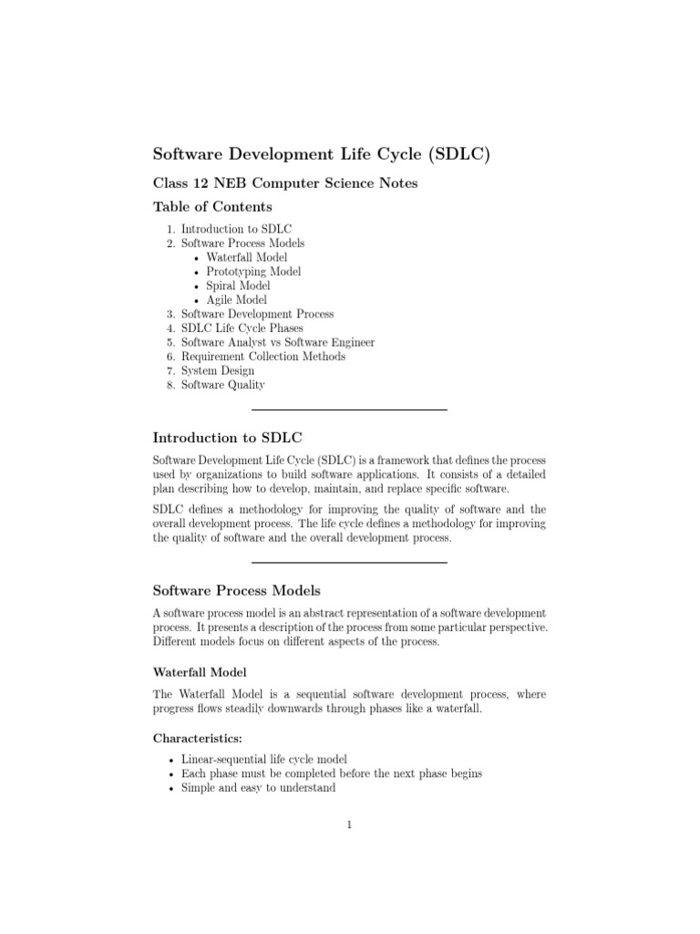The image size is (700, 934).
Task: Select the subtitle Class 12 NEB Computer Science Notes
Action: pyautogui.click(x=284, y=183)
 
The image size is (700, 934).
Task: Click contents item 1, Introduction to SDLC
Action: pyautogui.click(x=236, y=229)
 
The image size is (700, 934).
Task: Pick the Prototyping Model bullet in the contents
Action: pyautogui.click(x=253, y=271)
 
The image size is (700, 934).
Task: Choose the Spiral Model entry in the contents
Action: pyautogui.click(x=238, y=285)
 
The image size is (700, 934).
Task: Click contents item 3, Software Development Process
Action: pyautogui.click(x=257, y=314)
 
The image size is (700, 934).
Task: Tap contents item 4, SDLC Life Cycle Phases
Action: pyautogui.click(x=242, y=328)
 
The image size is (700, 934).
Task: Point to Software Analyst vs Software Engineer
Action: pyautogui.click(x=277, y=342)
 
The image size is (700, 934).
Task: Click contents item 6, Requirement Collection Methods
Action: pyautogui.click(x=262, y=357)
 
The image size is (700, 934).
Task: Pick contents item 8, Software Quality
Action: pyautogui.click(x=222, y=385)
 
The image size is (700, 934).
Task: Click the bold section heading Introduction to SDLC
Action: pyautogui.click(x=219, y=438)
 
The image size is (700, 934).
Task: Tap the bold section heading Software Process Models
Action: pyautogui.click(x=236, y=590)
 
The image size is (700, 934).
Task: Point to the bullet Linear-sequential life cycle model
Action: pyautogui.click(x=264, y=759)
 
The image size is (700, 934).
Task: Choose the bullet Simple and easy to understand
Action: pyautogui.click(x=258, y=787)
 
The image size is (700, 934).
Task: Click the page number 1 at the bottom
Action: pyautogui.click(x=349, y=826)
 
